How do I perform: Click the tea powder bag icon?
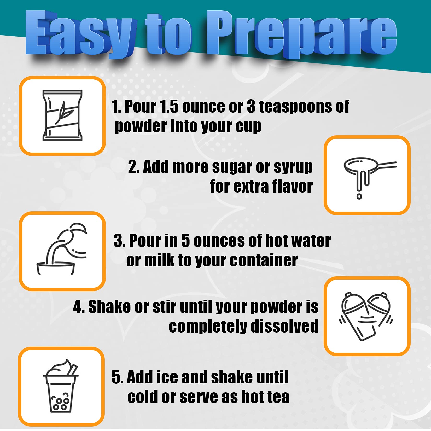click(x=62, y=116)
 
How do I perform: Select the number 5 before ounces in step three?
click(x=185, y=241)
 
